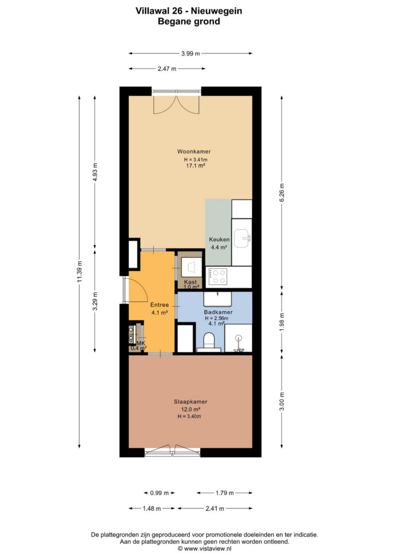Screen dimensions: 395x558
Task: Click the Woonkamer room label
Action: tap(194, 151)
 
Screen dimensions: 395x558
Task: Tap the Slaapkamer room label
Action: tap(190, 402)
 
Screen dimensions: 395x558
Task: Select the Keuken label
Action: tap(219, 240)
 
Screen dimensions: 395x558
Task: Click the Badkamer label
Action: tap(218, 312)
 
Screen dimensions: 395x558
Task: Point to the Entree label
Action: tap(159, 305)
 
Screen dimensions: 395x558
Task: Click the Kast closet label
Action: tap(190, 282)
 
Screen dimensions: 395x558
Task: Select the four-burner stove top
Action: tap(218, 276)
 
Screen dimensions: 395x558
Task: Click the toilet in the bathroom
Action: tap(209, 341)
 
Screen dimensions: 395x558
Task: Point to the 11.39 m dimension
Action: tap(80, 271)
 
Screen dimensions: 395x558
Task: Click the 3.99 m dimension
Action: tap(190, 54)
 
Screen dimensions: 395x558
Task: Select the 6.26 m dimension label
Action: tap(282, 192)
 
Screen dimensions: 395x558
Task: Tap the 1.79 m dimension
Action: tap(225, 493)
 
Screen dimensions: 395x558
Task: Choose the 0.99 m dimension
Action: tap(159, 493)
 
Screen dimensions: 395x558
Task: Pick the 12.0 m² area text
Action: tap(190, 409)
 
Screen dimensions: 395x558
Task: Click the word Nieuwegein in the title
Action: tap(217, 11)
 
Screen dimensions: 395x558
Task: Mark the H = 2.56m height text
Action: tap(216, 318)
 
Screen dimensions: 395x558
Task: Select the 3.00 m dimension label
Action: tap(282, 402)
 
